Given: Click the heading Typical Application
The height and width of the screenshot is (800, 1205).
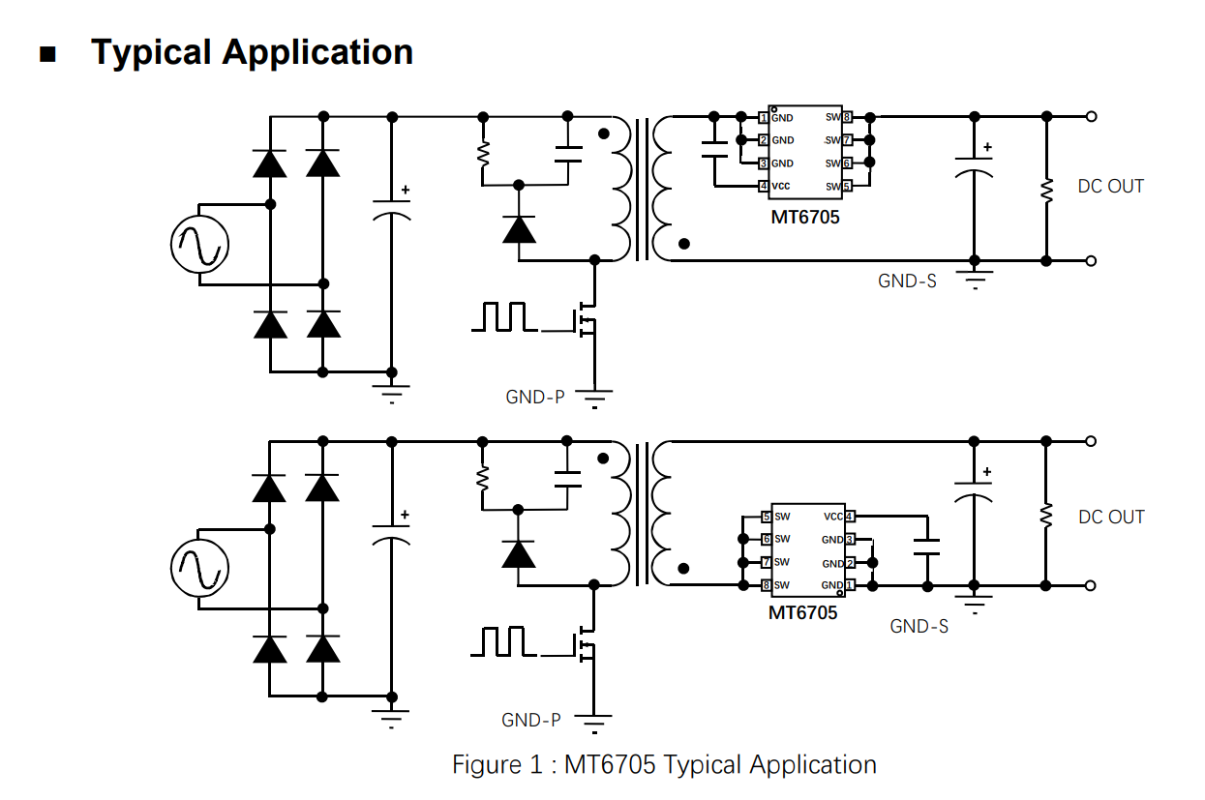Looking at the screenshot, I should (252, 51).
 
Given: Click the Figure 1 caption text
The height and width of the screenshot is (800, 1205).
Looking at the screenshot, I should (664, 765).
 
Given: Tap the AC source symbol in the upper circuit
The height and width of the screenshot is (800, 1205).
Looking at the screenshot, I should (199, 242).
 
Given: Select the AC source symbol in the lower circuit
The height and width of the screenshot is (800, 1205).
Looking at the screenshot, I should (199, 567).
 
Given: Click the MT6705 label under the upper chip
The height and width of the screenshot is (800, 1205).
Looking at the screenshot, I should (805, 218).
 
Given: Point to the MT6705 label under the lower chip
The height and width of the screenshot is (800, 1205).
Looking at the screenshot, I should (803, 613).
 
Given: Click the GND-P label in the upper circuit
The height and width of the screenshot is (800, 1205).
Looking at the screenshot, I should (534, 397).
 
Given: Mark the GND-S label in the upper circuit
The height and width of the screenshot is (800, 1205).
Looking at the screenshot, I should (907, 281).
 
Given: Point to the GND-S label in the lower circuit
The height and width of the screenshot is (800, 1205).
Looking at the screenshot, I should (919, 627).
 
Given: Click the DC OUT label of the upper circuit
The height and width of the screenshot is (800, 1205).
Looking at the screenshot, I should (1110, 187).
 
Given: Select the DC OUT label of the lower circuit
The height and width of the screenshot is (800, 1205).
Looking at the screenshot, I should (1111, 518).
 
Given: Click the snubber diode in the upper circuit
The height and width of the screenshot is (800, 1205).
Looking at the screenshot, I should (520, 229).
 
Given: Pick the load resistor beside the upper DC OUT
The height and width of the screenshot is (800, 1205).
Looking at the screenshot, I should (1046, 189).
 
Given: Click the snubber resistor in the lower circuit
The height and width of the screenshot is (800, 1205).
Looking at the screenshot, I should (482, 477).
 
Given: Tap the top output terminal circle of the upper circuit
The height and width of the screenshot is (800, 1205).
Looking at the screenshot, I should (1092, 117).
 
